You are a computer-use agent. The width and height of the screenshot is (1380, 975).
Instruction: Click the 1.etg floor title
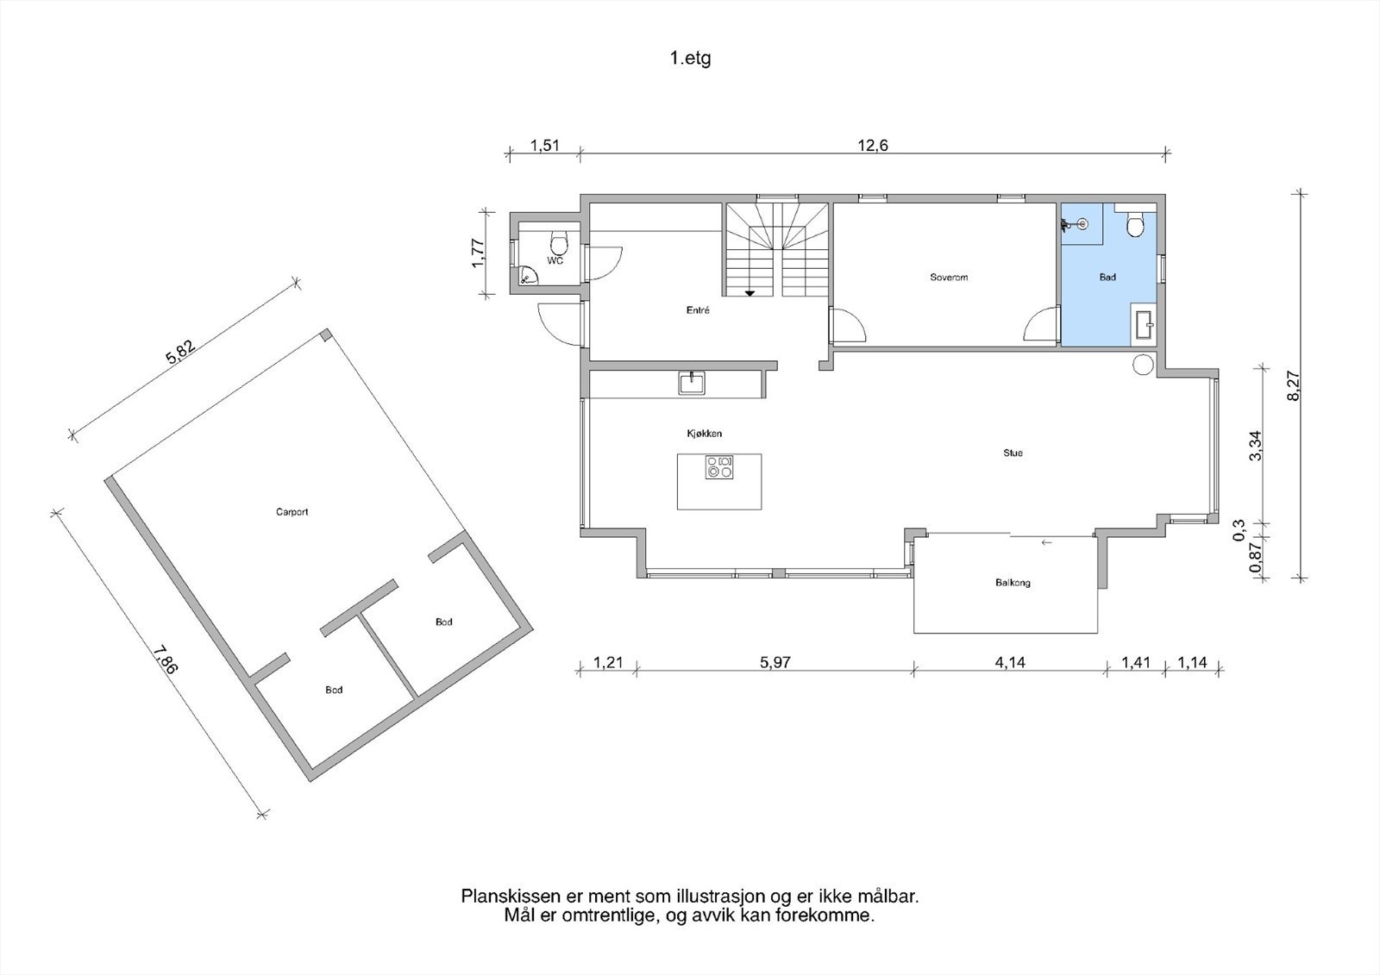[690, 59]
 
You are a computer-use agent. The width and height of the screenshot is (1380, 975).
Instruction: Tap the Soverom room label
[949, 278]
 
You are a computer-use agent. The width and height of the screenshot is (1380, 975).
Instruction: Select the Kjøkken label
[704, 434]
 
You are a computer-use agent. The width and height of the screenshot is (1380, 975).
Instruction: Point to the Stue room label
[1013, 453]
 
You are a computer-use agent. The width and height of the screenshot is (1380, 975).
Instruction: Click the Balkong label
[1013, 583]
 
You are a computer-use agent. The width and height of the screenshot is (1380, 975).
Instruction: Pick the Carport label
[292, 512]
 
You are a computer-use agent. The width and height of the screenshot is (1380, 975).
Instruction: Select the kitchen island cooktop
[719, 467]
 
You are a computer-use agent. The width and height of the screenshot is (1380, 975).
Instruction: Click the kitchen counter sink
[692, 383]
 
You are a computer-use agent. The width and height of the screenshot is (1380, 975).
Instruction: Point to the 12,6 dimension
[873, 146]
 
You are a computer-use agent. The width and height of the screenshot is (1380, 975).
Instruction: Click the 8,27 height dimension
[1293, 386]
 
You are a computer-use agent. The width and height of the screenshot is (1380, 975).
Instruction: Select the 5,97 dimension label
[775, 663]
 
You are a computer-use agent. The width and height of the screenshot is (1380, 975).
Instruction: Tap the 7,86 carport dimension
[165, 660]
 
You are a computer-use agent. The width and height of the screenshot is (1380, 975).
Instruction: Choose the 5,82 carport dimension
[181, 352]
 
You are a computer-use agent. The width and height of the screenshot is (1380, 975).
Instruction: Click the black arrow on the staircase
[750, 293]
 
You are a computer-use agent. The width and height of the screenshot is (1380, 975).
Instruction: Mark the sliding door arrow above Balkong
[1045, 542]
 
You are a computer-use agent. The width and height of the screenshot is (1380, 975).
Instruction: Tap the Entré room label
[698, 310]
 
